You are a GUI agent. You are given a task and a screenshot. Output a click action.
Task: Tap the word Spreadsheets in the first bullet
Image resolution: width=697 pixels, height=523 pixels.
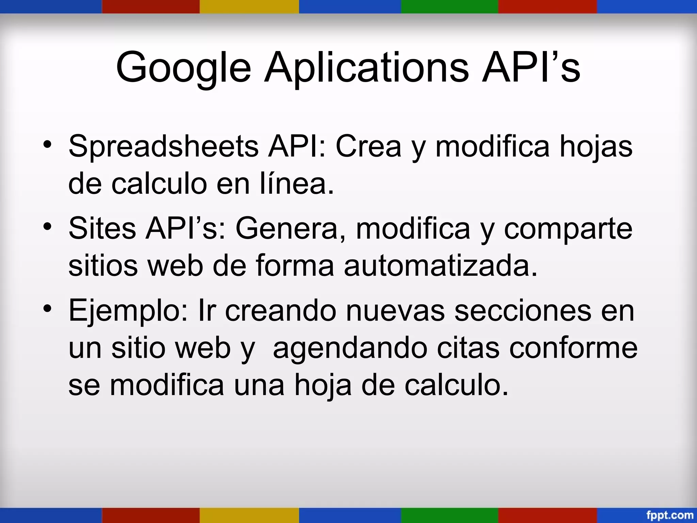pos(163,146)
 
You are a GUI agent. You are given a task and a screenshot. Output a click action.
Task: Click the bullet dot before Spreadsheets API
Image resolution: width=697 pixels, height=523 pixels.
pos(48,145)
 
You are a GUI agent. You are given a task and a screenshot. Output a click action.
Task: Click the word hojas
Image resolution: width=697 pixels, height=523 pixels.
pos(596,146)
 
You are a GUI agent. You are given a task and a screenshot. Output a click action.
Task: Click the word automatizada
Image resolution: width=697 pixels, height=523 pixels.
pos(440,266)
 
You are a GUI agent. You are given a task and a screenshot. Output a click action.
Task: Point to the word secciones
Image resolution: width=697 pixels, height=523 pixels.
pos(523,310)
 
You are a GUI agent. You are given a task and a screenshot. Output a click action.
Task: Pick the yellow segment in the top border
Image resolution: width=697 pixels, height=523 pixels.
pos(249,6)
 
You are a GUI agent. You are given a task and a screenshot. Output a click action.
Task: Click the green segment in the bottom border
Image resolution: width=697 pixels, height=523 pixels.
pos(449,515)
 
